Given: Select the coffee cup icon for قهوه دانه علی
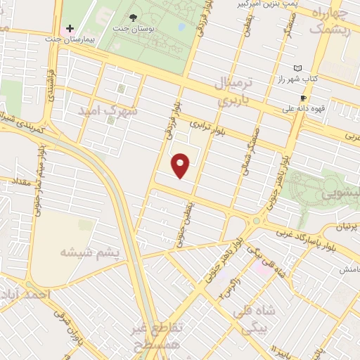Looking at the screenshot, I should tap(303, 98).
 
